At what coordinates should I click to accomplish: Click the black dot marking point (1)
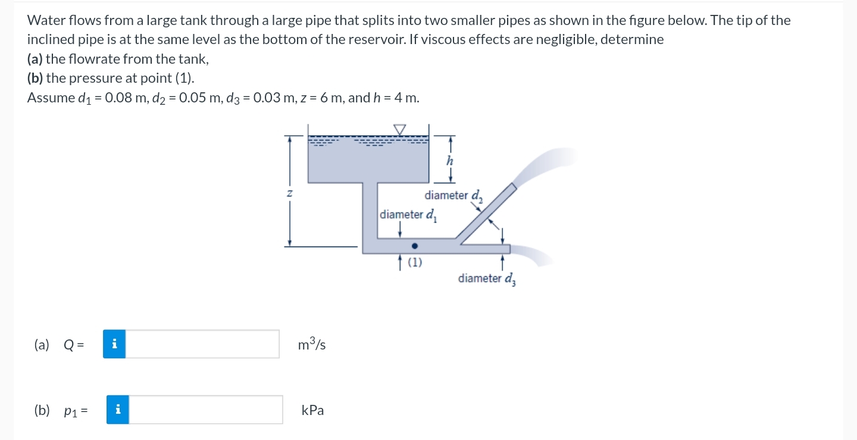point(415,245)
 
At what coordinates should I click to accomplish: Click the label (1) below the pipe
point(415,261)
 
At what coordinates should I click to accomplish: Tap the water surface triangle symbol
point(400,129)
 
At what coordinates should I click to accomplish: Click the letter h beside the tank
point(449,160)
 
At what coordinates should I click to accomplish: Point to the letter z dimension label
point(290,193)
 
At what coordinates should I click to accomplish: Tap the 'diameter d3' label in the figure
point(487,279)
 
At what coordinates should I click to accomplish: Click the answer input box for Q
point(202,344)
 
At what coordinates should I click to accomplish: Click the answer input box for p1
point(206,410)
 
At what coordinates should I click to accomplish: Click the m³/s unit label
point(312,344)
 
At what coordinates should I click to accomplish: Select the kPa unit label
point(313,410)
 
